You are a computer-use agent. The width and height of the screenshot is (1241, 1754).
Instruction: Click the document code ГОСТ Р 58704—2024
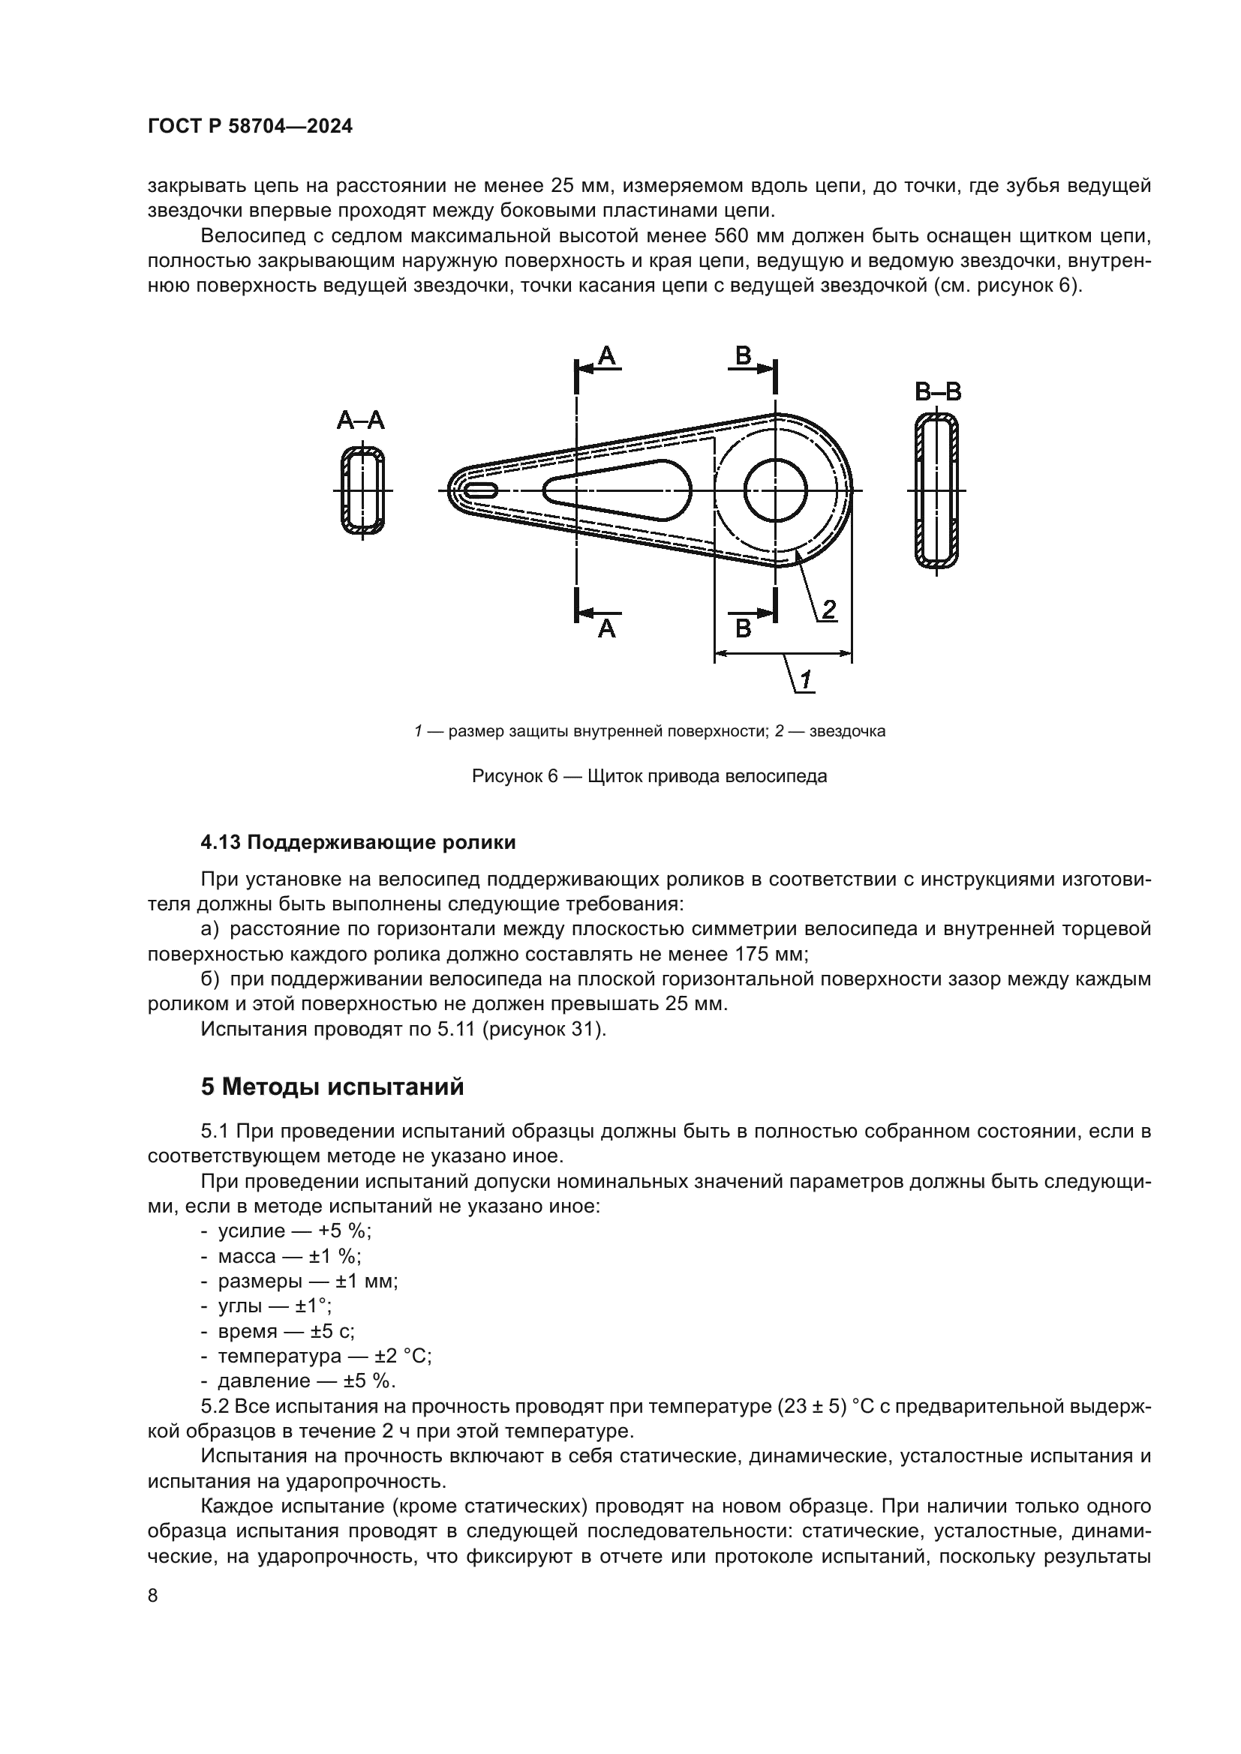coord(250,127)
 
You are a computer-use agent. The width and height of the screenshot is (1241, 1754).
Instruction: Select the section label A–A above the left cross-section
coord(361,420)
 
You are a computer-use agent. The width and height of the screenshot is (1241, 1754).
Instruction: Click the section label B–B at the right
coord(938,392)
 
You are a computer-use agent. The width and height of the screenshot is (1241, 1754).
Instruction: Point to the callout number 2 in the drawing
coord(828,609)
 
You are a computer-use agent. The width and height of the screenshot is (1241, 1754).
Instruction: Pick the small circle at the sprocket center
coord(776,490)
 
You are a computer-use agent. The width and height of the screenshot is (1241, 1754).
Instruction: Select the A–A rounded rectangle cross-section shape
coord(363,490)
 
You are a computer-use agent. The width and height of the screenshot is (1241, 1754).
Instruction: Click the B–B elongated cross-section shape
coord(937,490)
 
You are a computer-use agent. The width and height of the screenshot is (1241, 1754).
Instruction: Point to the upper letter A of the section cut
coord(607,356)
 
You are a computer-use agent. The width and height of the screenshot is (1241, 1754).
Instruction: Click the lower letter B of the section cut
coord(743,628)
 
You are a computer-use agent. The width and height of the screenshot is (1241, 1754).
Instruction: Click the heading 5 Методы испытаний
coord(332,1087)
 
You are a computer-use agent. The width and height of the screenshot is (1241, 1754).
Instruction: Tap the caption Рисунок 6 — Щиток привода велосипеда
coord(650,777)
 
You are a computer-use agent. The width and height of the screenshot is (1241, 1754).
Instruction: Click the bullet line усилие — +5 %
coord(294,1231)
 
